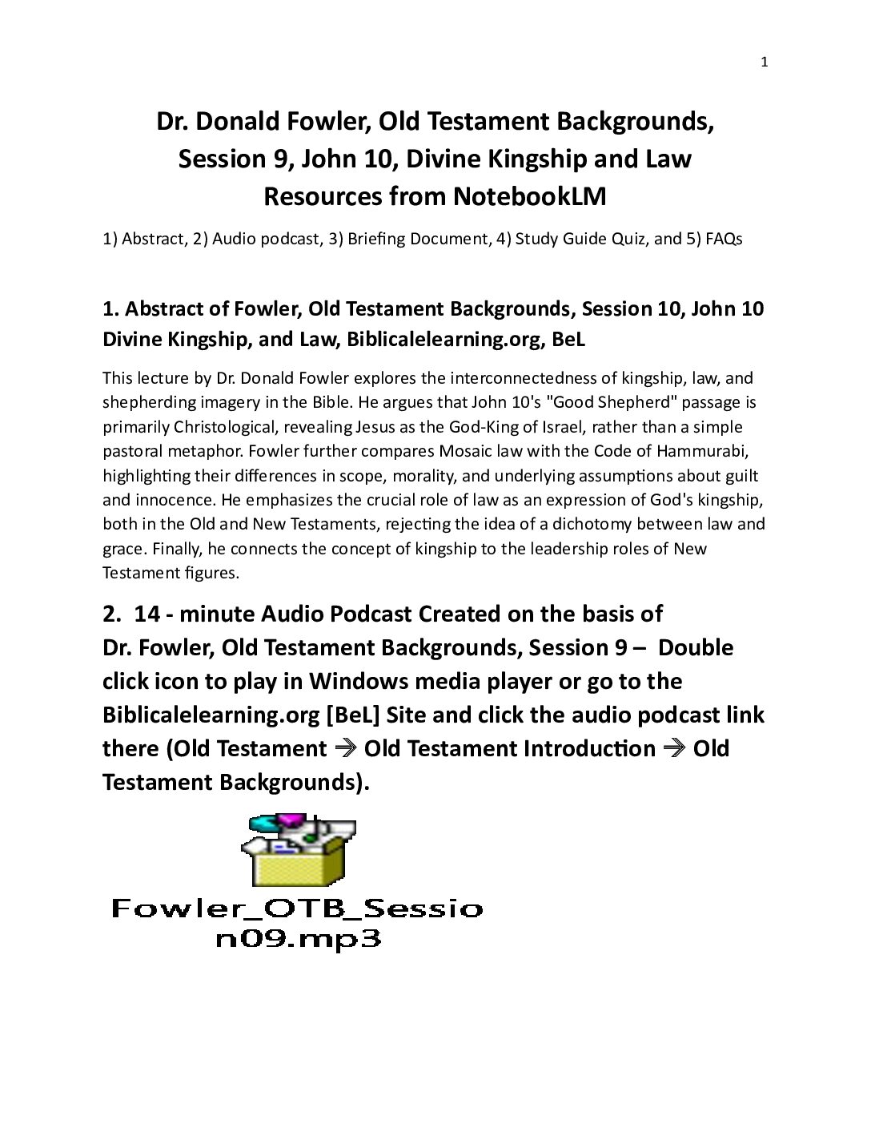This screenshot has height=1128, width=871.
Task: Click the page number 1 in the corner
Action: coord(764,62)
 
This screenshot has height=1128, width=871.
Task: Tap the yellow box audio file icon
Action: coord(299,851)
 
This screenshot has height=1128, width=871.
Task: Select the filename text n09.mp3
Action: coord(298,939)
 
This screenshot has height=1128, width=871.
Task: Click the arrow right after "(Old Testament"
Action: coord(345,749)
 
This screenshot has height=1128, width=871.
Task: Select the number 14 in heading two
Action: coord(147,614)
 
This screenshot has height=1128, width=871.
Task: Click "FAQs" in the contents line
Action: coord(724,239)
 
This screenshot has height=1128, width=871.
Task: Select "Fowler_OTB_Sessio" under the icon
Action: coord(297,908)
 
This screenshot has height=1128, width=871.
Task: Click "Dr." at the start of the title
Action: coord(171,121)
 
